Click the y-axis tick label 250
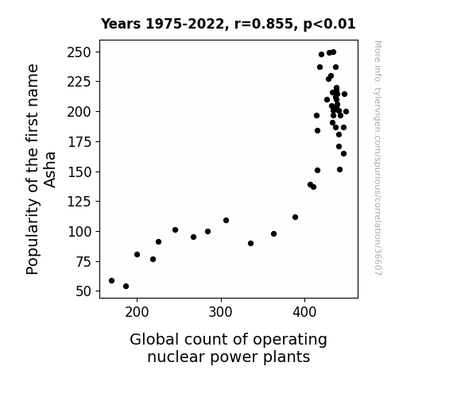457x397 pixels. click(x=79, y=52)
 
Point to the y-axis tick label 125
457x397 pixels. click(x=79, y=202)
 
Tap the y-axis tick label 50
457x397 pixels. click(x=83, y=291)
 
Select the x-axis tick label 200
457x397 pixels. click(x=137, y=312)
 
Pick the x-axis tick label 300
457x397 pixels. click(x=220, y=312)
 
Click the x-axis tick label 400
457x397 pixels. click(x=304, y=312)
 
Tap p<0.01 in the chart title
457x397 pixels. click(x=329, y=25)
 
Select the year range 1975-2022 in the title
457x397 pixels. click(x=184, y=24)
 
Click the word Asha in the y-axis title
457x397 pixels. click(x=50, y=170)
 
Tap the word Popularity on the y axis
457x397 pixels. click(x=33, y=237)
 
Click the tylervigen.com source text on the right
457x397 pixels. click(x=378, y=158)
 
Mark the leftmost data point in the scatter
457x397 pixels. click(x=111, y=281)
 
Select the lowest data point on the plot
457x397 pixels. click(x=126, y=287)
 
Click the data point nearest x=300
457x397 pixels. click(x=226, y=221)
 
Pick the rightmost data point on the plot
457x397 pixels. click(x=346, y=111)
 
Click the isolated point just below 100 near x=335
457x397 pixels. click(x=250, y=244)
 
